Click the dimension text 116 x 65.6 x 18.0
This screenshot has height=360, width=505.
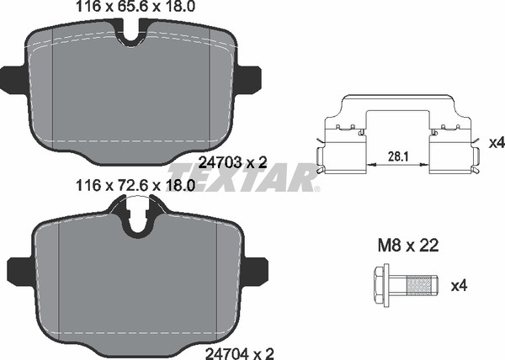136,7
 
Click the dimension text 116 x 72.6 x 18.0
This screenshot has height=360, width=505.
136,186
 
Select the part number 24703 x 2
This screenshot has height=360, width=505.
233,163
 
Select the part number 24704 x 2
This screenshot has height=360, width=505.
240,354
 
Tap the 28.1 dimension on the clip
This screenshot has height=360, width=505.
399,156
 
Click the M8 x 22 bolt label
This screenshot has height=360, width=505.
407,246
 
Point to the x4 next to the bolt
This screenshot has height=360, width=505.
459,285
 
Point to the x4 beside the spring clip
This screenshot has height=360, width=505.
497,143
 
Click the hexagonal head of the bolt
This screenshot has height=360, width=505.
380,285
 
